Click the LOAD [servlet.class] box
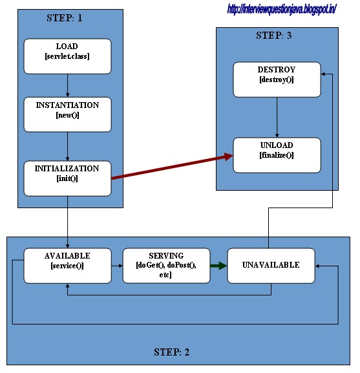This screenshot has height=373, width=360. [x=67, y=56]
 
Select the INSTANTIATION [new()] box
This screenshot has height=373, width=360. [x=67, y=114]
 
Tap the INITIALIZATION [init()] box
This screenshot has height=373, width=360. [x=67, y=178]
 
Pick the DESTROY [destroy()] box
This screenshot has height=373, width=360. [x=277, y=80]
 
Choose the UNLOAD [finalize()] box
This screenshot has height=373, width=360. [x=277, y=155]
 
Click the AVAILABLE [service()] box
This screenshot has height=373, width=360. [x=67, y=266]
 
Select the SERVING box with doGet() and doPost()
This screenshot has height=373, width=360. [x=167, y=266]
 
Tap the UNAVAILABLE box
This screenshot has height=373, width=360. [x=271, y=266]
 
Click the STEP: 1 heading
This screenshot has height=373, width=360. [x=65, y=18]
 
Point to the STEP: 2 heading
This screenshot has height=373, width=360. [x=171, y=352]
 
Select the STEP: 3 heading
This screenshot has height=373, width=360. [x=273, y=36]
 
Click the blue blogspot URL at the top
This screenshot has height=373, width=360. [x=282, y=10]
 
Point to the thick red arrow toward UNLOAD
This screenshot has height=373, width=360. [x=172, y=167]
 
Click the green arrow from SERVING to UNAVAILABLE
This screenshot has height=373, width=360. [x=218, y=266]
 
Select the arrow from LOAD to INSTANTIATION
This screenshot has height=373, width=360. [x=67, y=85]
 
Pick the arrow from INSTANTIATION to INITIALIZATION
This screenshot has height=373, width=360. [x=67, y=147]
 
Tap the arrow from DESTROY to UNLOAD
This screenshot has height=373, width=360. [x=277, y=117]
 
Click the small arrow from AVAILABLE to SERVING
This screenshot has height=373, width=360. [x=117, y=266]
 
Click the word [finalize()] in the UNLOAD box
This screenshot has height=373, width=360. [x=277, y=155]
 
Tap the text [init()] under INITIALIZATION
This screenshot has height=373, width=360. [x=67, y=178]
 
